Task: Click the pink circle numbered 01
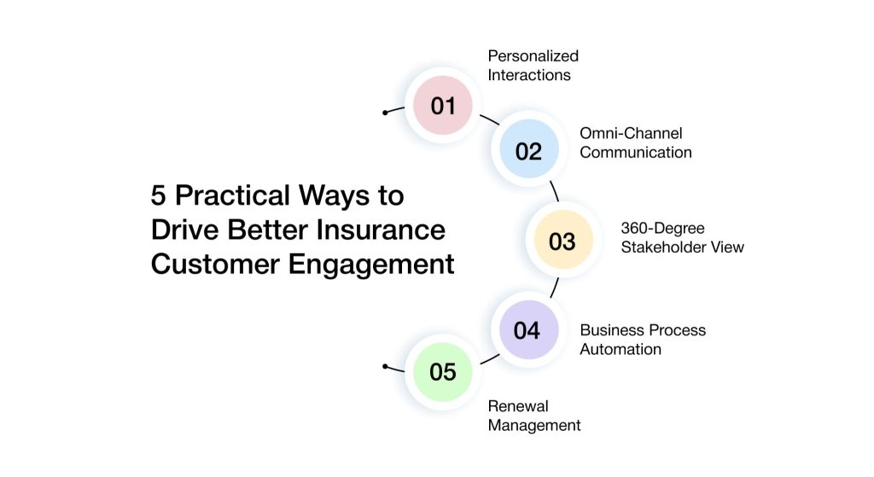point(443,105)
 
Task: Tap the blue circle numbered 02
point(529,148)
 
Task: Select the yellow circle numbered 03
point(563,240)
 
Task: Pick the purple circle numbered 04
point(528,330)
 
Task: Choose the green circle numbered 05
point(443,372)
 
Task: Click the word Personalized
point(533,55)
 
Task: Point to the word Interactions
point(529,75)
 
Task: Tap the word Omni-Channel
point(631,133)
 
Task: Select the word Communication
point(635,152)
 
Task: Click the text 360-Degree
point(662,229)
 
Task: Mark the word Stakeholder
point(664,247)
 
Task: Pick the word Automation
point(621,349)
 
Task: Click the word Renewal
point(518,405)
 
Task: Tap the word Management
point(534,425)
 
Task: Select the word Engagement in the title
point(370,265)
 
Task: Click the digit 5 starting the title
point(158,195)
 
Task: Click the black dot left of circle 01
point(385,113)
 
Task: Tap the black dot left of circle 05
point(385,367)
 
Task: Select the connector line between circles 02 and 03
point(555,191)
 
